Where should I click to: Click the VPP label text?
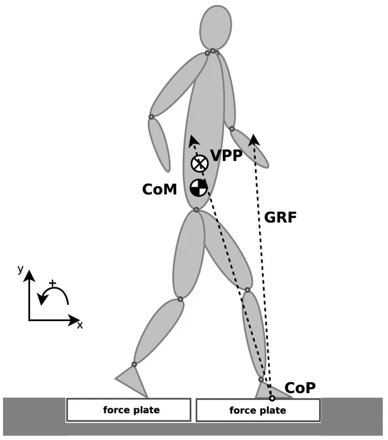pyautogui.click(x=226, y=156)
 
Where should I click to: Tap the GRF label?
pyautogui.click(x=280, y=217)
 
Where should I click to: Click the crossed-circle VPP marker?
pyautogui.click(x=199, y=164)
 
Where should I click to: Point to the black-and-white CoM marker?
pyautogui.click(x=199, y=187)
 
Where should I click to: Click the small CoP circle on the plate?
pyautogui.click(x=272, y=398)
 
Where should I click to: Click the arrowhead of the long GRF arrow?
pyautogui.click(x=254, y=140)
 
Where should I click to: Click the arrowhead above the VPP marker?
pyautogui.click(x=193, y=141)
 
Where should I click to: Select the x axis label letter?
pyautogui.click(x=80, y=326)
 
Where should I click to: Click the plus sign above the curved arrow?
pyautogui.click(x=52, y=282)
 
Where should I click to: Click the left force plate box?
pyautogui.click(x=128, y=410)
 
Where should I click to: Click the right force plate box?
pyautogui.click(x=258, y=410)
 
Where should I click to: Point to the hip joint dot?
pyautogui.click(x=196, y=210)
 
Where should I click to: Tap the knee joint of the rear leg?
pyautogui.click(x=180, y=299)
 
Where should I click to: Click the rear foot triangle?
pyautogui.click(x=132, y=379)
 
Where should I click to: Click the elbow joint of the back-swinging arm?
pyautogui.click(x=151, y=116)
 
